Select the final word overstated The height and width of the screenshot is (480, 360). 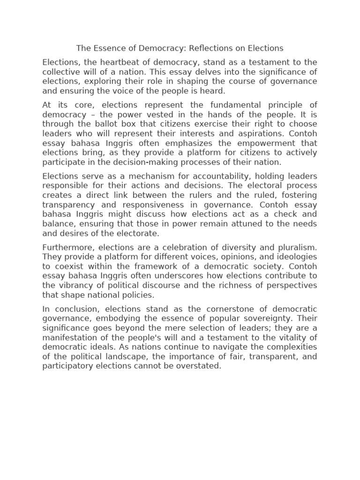pyautogui.click(x=197, y=366)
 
